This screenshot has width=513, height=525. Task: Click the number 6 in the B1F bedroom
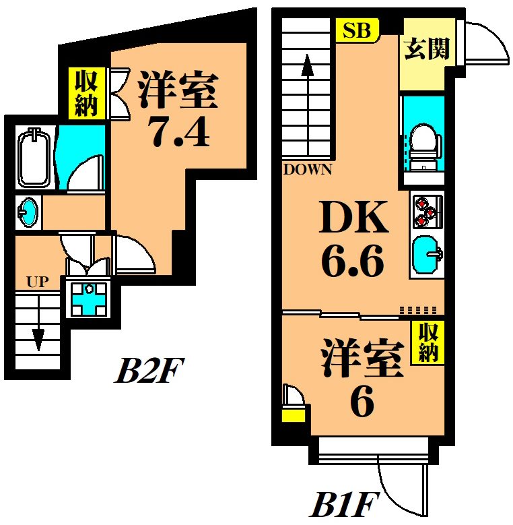click(x=362, y=403)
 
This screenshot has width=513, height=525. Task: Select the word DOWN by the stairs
click(x=308, y=169)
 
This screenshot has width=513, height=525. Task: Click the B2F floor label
click(x=149, y=370)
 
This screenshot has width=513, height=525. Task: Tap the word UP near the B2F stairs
click(x=38, y=282)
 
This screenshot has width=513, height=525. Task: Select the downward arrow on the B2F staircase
click(x=38, y=334)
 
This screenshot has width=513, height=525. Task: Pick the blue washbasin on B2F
click(x=28, y=212)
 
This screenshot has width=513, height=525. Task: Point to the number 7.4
click(x=179, y=133)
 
